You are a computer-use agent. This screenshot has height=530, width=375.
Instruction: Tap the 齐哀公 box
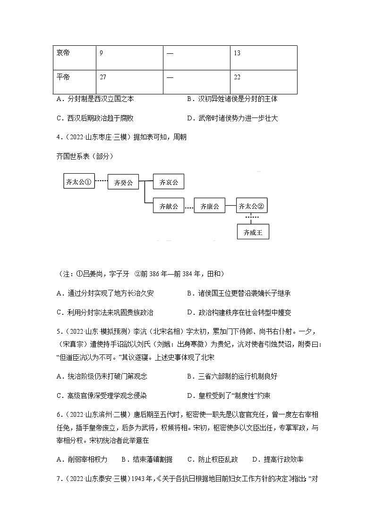(x=168, y=182)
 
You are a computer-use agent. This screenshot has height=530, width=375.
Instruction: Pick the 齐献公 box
(x=168, y=206)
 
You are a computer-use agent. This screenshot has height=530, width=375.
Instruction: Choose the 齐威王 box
(x=253, y=232)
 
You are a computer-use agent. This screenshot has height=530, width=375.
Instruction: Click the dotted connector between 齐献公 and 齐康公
(x=189, y=207)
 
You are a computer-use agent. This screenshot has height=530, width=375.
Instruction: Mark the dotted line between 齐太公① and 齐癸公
(x=102, y=181)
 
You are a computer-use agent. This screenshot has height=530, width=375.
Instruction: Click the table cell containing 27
(x=129, y=77)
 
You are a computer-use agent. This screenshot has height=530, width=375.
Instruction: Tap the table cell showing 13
(x=263, y=53)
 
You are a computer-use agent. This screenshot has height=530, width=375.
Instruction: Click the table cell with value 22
(x=263, y=77)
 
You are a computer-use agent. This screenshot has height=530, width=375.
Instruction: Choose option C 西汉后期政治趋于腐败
(x=98, y=118)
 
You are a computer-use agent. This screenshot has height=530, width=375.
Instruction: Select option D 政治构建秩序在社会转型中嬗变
(x=239, y=312)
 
